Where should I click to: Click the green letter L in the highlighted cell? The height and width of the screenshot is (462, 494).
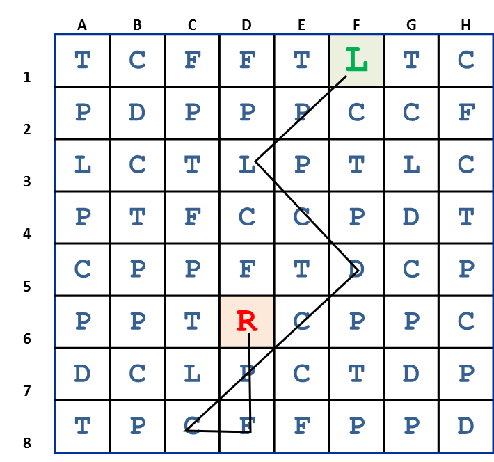pos(356,61)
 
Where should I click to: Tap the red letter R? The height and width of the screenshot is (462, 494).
pos(247,321)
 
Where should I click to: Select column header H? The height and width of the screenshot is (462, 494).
pos(465,26)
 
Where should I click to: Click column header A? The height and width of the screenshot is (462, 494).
pos(82,26)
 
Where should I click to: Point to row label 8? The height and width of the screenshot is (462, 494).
pos(27,443)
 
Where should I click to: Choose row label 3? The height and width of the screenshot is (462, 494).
pos(27,182)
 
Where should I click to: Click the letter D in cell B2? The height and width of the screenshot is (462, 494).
pos(137,112)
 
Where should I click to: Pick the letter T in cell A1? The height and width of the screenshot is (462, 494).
pos(82,61)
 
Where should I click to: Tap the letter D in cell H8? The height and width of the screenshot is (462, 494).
pos(465,425)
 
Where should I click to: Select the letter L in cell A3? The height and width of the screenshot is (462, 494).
pos(82,165)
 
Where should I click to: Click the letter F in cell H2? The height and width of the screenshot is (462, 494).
pos(465,112)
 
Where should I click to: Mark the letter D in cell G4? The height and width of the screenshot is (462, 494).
pos(411,216)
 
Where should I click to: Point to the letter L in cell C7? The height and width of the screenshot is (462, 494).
pos(192,374)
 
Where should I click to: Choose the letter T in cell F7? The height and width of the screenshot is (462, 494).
pos(356,374)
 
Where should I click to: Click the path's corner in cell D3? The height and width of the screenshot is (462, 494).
pos(255,161)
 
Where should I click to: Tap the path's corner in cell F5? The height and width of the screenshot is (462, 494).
pos(358,269)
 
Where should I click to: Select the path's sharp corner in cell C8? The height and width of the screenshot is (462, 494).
pos(185,431)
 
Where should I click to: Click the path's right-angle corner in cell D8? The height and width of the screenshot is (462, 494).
pos(250,431)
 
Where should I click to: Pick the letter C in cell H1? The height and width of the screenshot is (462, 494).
pos(465,61)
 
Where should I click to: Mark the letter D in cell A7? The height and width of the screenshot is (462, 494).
pos(82,374)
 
